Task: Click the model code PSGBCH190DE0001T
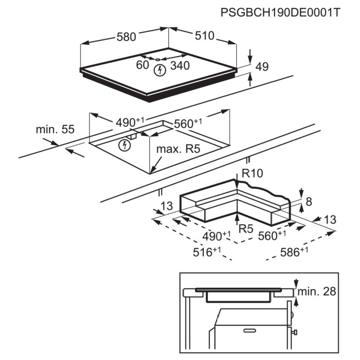click(279, 12)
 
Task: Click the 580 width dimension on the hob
click(126, 37)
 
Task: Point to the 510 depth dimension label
click(205, 36)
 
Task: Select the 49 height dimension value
click(261, 67)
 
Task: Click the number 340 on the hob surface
click(180, 66)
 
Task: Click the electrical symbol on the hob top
click(159, 70)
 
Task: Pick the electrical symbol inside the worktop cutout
click(126, 145)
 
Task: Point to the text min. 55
click(55, 130)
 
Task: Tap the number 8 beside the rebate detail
click(309, 202)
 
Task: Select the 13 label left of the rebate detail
click(166, 206)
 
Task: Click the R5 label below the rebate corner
click(246, 229)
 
